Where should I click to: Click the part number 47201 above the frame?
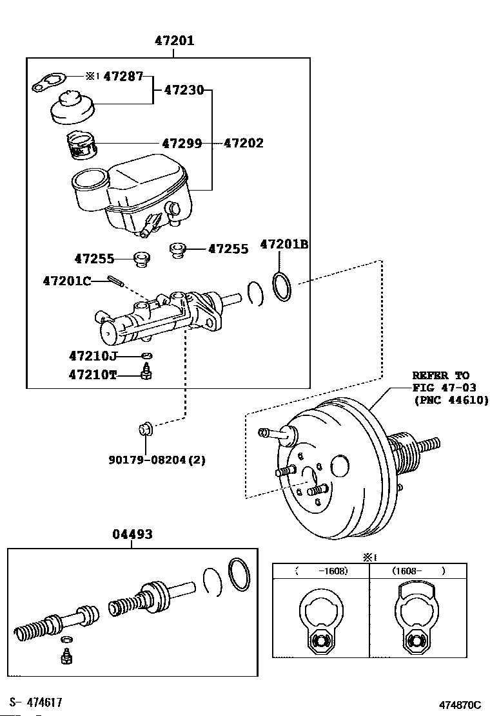point(174,41)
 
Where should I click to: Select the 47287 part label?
point(123,76)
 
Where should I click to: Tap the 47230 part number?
point(184,90)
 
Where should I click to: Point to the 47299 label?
point(182,144)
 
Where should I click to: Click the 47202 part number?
point(244,144)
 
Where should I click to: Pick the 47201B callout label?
point(284,244)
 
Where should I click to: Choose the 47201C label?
point(67,280)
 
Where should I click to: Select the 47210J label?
point(93,355)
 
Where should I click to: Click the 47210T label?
point(93,375)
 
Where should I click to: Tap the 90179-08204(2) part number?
point(157,460)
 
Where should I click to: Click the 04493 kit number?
point(133,534)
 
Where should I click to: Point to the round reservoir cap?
point(72,108)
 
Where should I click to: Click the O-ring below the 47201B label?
point(282,287)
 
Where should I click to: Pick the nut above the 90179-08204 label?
point(146,429)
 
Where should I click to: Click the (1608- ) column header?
point(418,570)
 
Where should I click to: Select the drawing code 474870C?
point(460,704)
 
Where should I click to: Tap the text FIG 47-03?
point(444,388)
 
